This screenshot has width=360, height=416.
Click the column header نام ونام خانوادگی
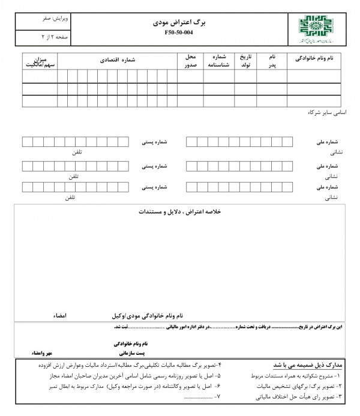pos(314,61)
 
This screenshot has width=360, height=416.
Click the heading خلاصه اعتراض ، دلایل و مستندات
pos(180,213)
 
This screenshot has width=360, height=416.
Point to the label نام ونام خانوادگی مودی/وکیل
pos(148,315)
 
